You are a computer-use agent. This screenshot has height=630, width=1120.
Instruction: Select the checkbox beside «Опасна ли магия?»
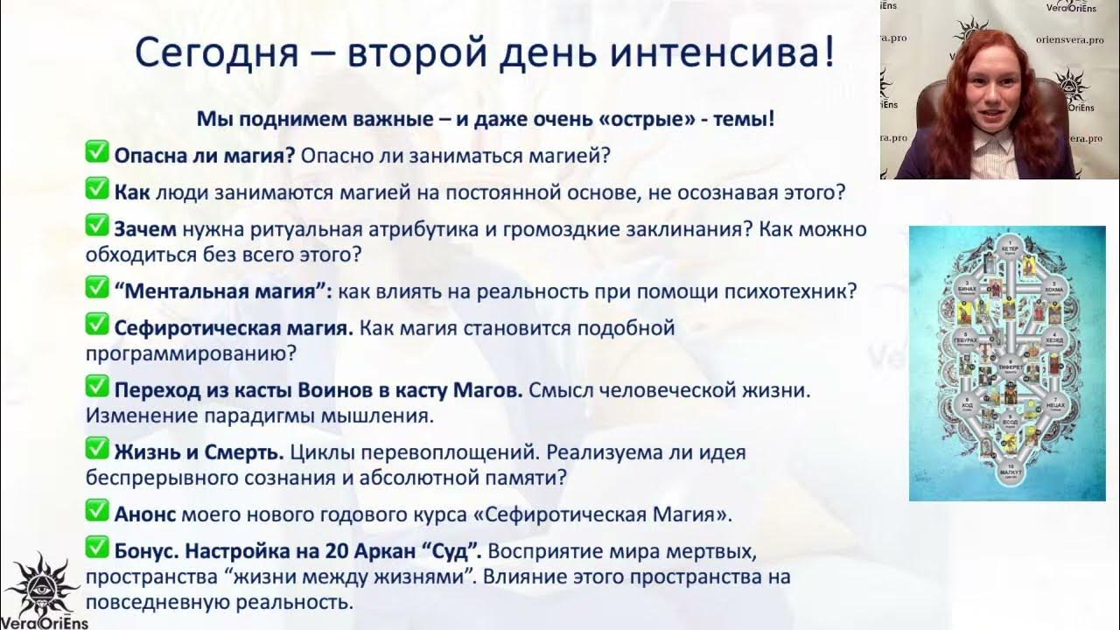click(96, 154)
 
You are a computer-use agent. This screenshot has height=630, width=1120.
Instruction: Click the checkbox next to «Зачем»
click(96, 227)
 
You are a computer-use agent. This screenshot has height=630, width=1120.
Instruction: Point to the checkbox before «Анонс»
click(96, 511)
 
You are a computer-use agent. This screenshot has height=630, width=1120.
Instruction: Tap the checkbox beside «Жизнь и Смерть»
click(96, 451)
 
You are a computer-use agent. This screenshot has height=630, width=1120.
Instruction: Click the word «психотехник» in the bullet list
click(788, 291)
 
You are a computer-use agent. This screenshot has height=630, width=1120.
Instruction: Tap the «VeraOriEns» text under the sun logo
click(43, 622)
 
